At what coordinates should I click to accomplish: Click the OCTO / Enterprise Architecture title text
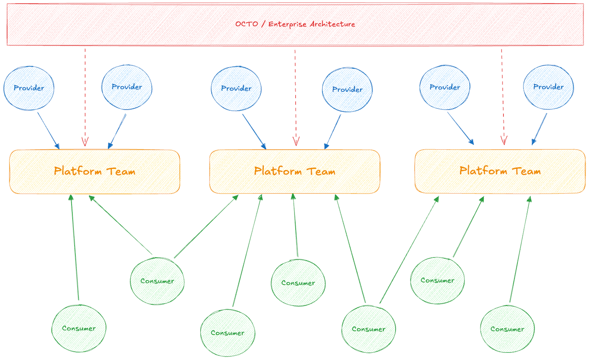[295, 24]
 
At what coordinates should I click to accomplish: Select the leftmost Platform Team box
[94, 172]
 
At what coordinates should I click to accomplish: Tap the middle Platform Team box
[294, 172]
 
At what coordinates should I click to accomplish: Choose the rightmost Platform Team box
[500, 171]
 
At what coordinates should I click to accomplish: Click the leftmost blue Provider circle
[29, 88]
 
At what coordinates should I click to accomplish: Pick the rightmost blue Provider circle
[548, 87]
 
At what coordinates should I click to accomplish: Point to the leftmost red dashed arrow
[85, 98]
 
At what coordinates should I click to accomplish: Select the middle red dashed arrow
[295, 98]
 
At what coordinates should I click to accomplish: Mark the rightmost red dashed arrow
[502, 98]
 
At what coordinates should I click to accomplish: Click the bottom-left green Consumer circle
[79, 328]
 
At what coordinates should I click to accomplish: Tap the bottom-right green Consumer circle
[507, 329]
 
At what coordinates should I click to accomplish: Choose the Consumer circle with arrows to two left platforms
[158, 281]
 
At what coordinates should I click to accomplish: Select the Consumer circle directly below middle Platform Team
[298, 283]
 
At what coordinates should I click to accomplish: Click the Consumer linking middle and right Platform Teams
[368, 329]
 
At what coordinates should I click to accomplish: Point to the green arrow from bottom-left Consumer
[75, 247]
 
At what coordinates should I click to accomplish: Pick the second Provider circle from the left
[127, 87]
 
